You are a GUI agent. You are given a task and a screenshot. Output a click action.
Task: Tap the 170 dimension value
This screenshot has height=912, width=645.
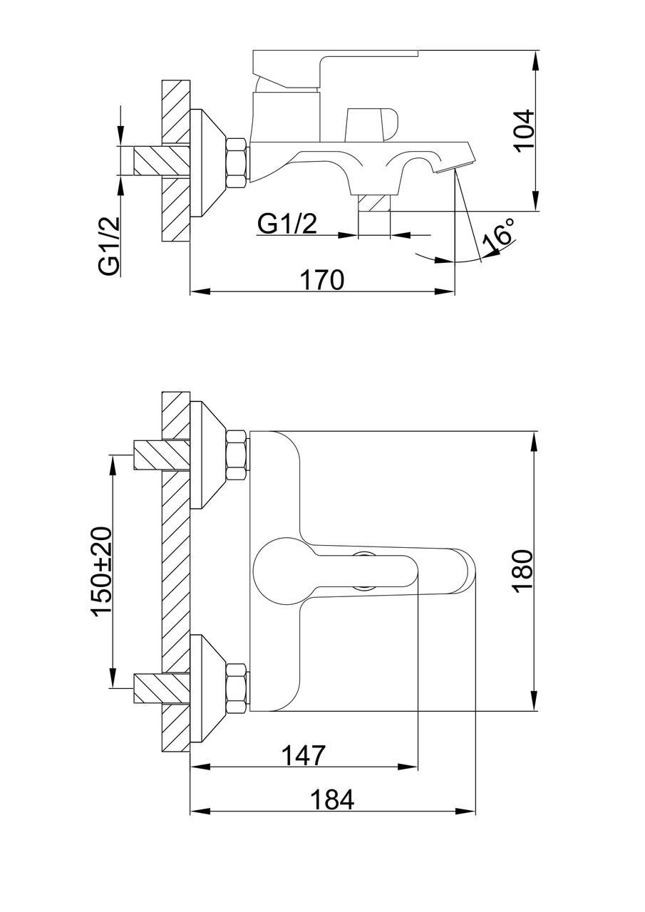pyautogui.click(x=321, y=280)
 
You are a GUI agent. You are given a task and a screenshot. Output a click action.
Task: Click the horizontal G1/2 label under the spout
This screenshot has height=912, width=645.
pyautogui.click(x=287, y=224)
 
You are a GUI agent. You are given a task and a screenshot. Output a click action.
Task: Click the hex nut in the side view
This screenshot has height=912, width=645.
pyautogui.click(x=237, y=163)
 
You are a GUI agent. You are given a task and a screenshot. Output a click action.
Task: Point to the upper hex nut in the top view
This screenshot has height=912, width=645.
pyautogui.click(x=237, y=455)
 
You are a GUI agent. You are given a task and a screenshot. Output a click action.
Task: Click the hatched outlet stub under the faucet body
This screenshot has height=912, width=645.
pyautogui.click(x=374, y=203)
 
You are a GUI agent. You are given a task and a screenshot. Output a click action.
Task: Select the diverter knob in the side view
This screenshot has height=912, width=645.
pyautogui.click(x=372, y=125)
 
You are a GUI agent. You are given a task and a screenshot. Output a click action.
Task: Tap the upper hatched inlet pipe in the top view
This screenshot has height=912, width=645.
pyautogui.click(x=162, y=455)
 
